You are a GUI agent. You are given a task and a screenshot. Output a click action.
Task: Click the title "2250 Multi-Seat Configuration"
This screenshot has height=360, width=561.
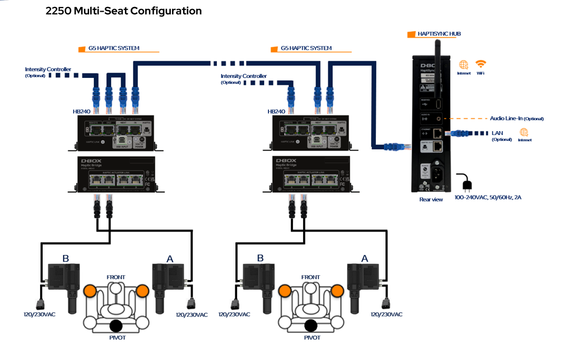[x=124, y=11]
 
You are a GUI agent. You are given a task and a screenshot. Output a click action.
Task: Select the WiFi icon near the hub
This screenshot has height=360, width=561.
[x=481, y=64]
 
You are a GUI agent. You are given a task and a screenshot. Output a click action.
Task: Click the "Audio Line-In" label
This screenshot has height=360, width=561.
[x=516, y=118]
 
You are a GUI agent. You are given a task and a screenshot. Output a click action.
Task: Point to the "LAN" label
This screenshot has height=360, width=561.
[x=497, y=132]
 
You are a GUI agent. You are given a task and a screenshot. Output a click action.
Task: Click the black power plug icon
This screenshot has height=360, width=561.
[x=465, y=183]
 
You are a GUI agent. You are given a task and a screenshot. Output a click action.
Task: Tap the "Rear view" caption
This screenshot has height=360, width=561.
[x=431, y=199]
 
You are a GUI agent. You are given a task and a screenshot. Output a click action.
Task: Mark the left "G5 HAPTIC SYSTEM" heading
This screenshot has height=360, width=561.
[x=114, y=48]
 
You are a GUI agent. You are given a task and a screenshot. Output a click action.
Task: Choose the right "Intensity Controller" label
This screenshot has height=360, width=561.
[x=244, y=76]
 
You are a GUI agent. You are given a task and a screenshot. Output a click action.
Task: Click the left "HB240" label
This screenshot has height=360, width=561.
[x=82, y=111]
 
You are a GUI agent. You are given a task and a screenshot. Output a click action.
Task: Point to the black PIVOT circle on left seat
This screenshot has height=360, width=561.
[x=116, y=326]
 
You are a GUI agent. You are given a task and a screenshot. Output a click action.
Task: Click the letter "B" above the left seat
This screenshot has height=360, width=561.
[x=66, y=259]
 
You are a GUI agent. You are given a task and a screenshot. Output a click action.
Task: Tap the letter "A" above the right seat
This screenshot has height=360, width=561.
[x=365, y=259]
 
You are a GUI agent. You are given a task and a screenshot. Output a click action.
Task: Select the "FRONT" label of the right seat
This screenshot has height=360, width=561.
[x=310, y=277]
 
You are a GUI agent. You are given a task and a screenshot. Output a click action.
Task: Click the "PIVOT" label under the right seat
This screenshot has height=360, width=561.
[x=312, y=338]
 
